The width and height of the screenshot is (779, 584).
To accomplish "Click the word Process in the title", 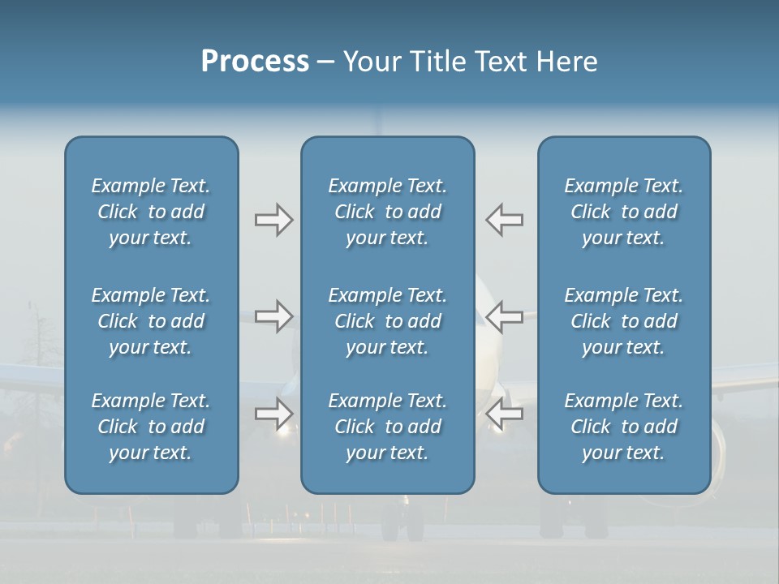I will pos(255,62).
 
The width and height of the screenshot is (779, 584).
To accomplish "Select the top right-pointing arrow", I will pos(273,220).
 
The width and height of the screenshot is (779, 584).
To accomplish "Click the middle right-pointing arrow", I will pos(273,316).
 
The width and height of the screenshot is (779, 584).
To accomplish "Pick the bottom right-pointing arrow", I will pos(273,414).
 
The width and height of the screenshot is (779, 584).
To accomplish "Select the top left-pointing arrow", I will pos(505,220).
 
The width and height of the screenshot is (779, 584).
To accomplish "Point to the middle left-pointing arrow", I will pos(505,316).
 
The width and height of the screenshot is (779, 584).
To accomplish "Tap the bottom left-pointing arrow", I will pos(505,414).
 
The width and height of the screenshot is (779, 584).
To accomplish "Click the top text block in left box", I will pos(151,212).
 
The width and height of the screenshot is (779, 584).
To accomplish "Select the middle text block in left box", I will pos(151,321).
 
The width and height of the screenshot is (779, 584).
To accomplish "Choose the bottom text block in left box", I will pos(151,427).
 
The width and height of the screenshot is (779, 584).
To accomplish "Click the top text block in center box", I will pos(387,212).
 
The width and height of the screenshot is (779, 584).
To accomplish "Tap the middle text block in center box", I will pos(387,321).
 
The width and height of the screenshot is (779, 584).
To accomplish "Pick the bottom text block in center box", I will pos(387,427).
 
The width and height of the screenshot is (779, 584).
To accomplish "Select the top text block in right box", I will pos(623,212).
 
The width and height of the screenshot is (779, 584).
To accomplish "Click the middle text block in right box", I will pos(623,321).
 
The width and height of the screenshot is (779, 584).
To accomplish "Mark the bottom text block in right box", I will pos(623,427).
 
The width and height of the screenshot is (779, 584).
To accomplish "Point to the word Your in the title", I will pos(370,62).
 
